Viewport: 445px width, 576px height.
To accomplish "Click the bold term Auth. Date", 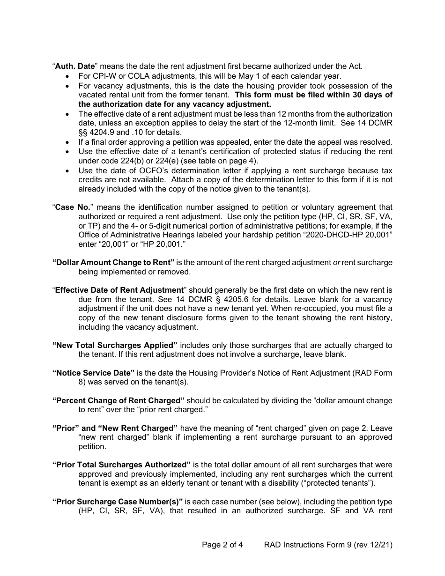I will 75,66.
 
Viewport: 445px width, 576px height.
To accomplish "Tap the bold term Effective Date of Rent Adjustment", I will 119,290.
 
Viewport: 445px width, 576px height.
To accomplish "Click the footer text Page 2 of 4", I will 222,545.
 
